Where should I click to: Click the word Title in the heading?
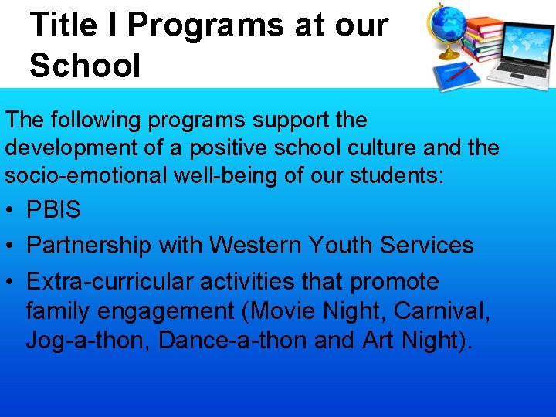[x=64, y=25]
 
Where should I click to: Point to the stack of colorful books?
[x=483, y=39]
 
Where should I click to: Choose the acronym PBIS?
[x=53, y=209]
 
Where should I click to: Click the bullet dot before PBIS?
[x=10, y=210]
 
